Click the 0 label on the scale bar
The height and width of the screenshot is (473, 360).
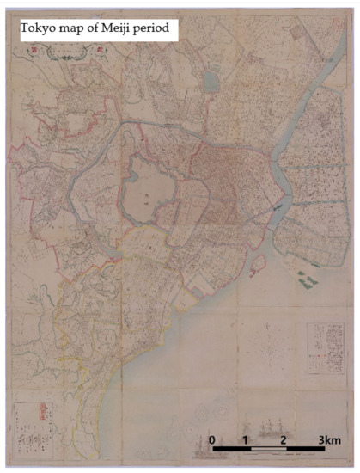point(212,440)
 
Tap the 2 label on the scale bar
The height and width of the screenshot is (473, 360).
point(283,440)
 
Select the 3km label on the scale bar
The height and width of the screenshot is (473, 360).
point(330,440)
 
